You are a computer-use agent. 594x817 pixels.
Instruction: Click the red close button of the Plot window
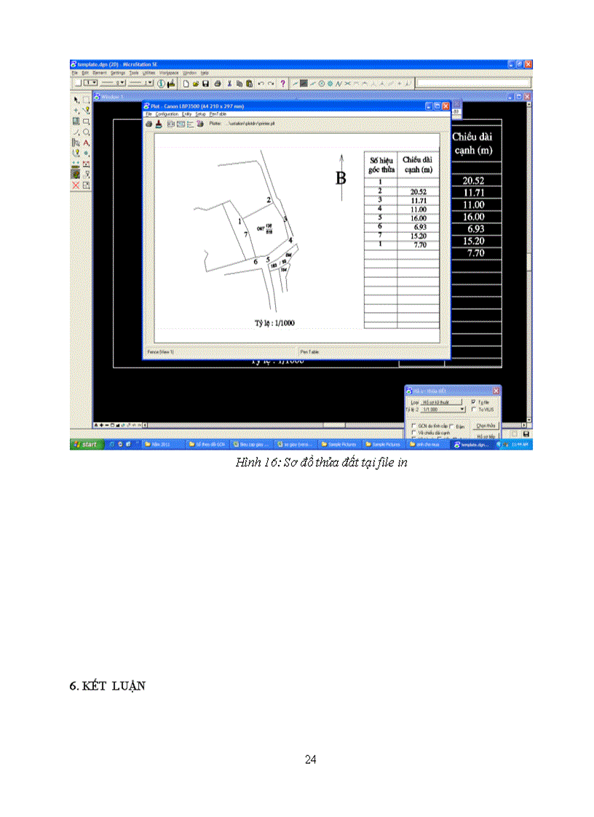pos(445,105)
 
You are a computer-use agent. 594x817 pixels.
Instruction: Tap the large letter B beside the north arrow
pos(340,178)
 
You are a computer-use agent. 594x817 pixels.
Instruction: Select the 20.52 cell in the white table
pos(418,191)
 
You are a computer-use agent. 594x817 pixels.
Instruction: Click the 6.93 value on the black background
pos(475,228)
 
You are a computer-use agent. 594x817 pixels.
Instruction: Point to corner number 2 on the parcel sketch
pos(269,199)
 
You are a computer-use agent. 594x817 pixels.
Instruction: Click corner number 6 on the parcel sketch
pos(256,260)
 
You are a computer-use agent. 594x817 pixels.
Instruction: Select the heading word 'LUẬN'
pos(128,685)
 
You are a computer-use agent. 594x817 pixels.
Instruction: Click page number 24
pos(311,760)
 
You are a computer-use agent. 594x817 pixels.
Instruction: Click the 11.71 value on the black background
pos(475,193)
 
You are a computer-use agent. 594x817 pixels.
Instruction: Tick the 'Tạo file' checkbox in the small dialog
pos(475,401)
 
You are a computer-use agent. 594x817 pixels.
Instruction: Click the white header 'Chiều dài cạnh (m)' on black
pos(476,143)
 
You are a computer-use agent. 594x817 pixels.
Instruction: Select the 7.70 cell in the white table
pos(418,245)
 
